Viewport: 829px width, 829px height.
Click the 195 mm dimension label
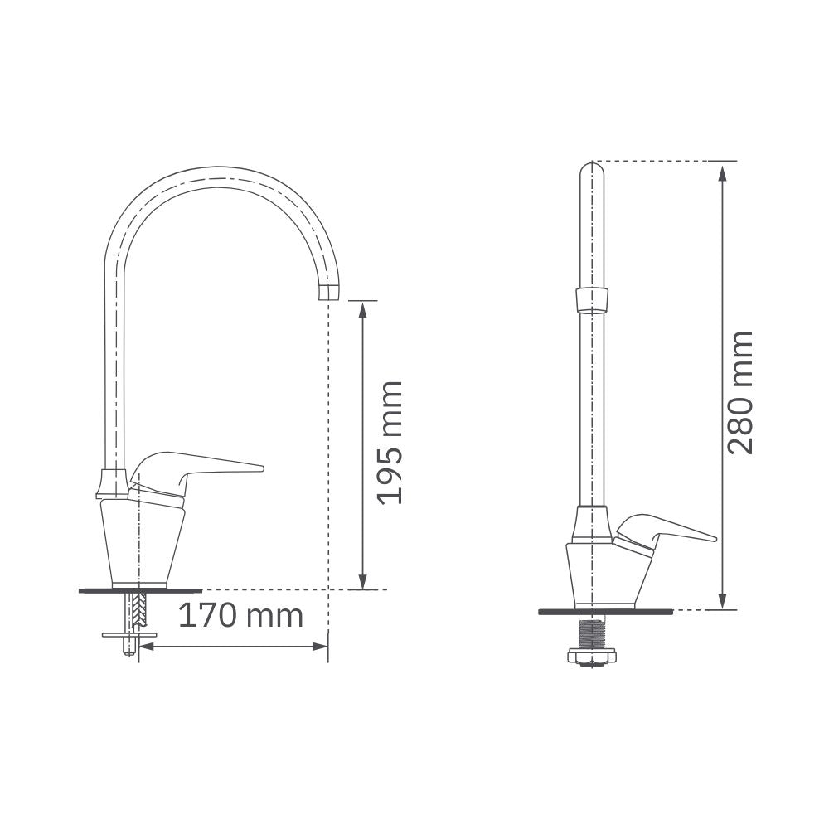click(x=390, y=443)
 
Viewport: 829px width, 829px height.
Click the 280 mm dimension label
click(x=739, y=393)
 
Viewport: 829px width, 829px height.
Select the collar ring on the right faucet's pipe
click(x=592, y=301)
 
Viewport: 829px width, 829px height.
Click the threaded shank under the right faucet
click(x=592, y=634)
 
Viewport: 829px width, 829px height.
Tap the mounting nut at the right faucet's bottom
click(x=592, y=657)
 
